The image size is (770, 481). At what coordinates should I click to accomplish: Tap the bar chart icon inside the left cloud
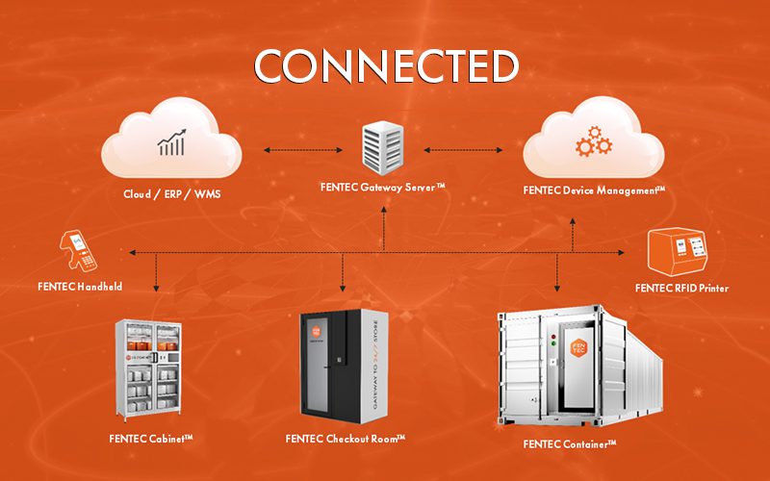pos(170,144)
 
